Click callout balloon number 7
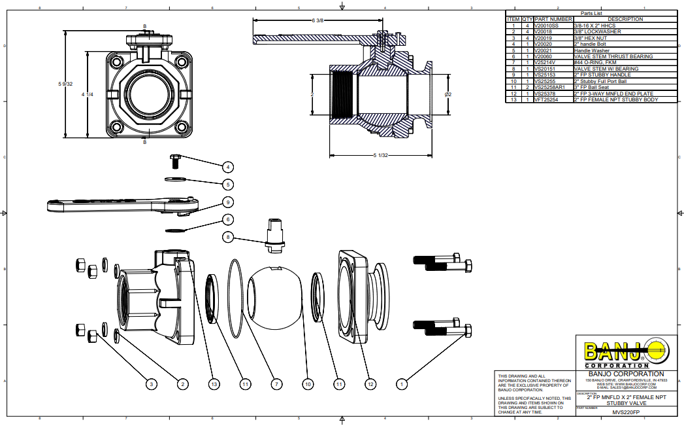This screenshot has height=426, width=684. tap(276, 384)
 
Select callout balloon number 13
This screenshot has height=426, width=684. tap(214, 384)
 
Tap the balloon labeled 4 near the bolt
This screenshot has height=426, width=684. tap(227, 166)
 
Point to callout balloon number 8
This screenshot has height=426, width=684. tap(227, 236)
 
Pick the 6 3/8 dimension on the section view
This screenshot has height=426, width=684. tap(318, 21)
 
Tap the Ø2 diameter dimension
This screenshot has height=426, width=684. tap(448, 94)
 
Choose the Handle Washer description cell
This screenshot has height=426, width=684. tap(592, 50)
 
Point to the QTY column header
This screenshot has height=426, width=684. tap(527, 19)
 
